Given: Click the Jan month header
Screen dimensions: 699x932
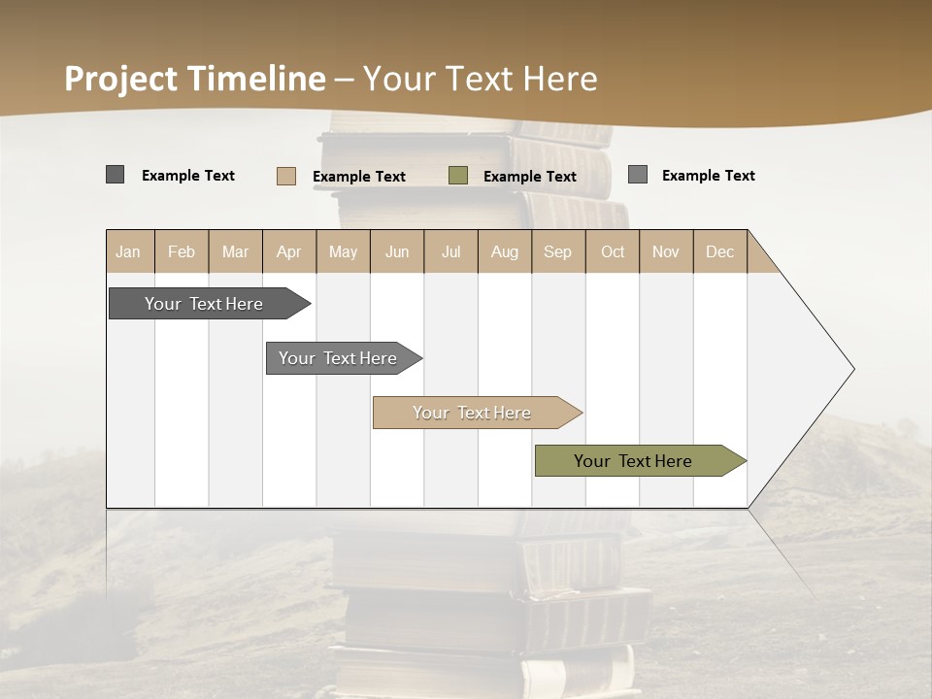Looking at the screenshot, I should pyautogui.click(x=129, y=251).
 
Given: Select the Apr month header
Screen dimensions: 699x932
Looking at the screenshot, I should pyautogui.click(x=289, y=251).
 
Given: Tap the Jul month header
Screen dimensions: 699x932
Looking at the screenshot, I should pyautogui.click(x=451, y=251).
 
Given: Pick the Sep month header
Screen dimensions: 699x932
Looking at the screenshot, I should pyautogui.click(x=558, y=251).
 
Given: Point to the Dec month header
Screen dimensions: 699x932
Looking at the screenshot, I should pyautogui.click(x=720, y=251).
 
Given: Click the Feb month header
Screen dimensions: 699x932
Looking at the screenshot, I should pyautogui.click(x=182, y=251).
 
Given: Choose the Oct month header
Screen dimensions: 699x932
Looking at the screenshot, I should pyautogui.click(x=613, y=251).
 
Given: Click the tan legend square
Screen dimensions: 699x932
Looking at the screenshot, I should pyautogui.click(x=286, y=176).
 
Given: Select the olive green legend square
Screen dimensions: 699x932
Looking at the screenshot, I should pyautogui.click(x=458, y=176).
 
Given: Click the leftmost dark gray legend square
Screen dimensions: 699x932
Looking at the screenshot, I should pyautogui.click(x=116, y=175).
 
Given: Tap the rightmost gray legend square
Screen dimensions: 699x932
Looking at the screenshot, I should pyautogui.click(x=638, y=175).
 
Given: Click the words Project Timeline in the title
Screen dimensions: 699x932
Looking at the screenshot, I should pyautogui.click(x=195, y=79).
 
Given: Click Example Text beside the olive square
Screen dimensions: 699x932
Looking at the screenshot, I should pyautogui.click(x=530, y=177).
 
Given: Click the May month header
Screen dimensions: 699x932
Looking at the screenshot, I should pyautogui.click(x=343, y=251).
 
